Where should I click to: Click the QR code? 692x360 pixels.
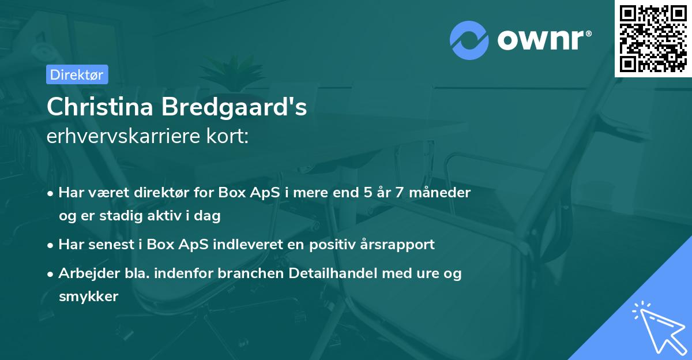point(653,39)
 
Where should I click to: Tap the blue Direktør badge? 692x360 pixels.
point(77,74)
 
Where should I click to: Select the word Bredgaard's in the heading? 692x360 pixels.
point(238,108)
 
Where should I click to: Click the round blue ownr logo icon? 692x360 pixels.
point(469,40)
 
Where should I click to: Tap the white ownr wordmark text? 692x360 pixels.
point(544,40)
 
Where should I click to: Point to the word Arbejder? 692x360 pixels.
point(84,273)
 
